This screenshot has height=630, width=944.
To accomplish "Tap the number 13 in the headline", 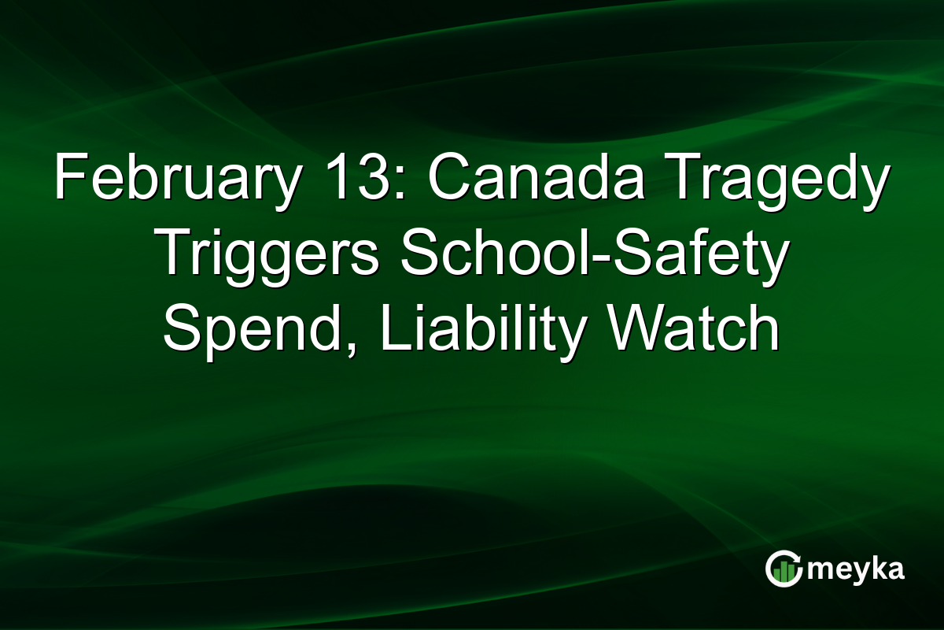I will click(x=357, y=181).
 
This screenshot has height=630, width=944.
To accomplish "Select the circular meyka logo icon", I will click(x=784, y=569).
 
